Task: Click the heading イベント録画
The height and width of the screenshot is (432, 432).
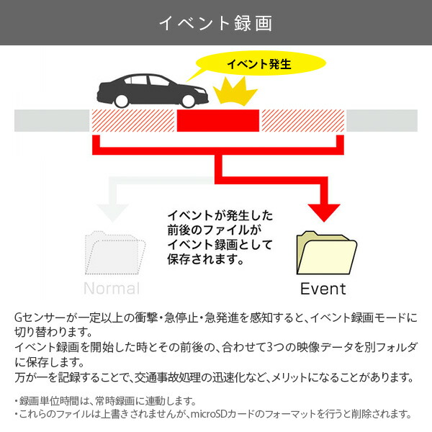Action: click(x=216, y=23)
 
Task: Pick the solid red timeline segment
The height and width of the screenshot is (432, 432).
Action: click(x=218, y=121)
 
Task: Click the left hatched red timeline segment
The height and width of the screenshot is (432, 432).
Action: click(x=133, y=121)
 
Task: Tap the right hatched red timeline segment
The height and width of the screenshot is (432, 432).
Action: click(x=302, y=121)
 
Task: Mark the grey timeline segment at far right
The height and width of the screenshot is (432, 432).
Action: click(x=382, y=121)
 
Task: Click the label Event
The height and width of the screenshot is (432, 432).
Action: click(x=323, y=289)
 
